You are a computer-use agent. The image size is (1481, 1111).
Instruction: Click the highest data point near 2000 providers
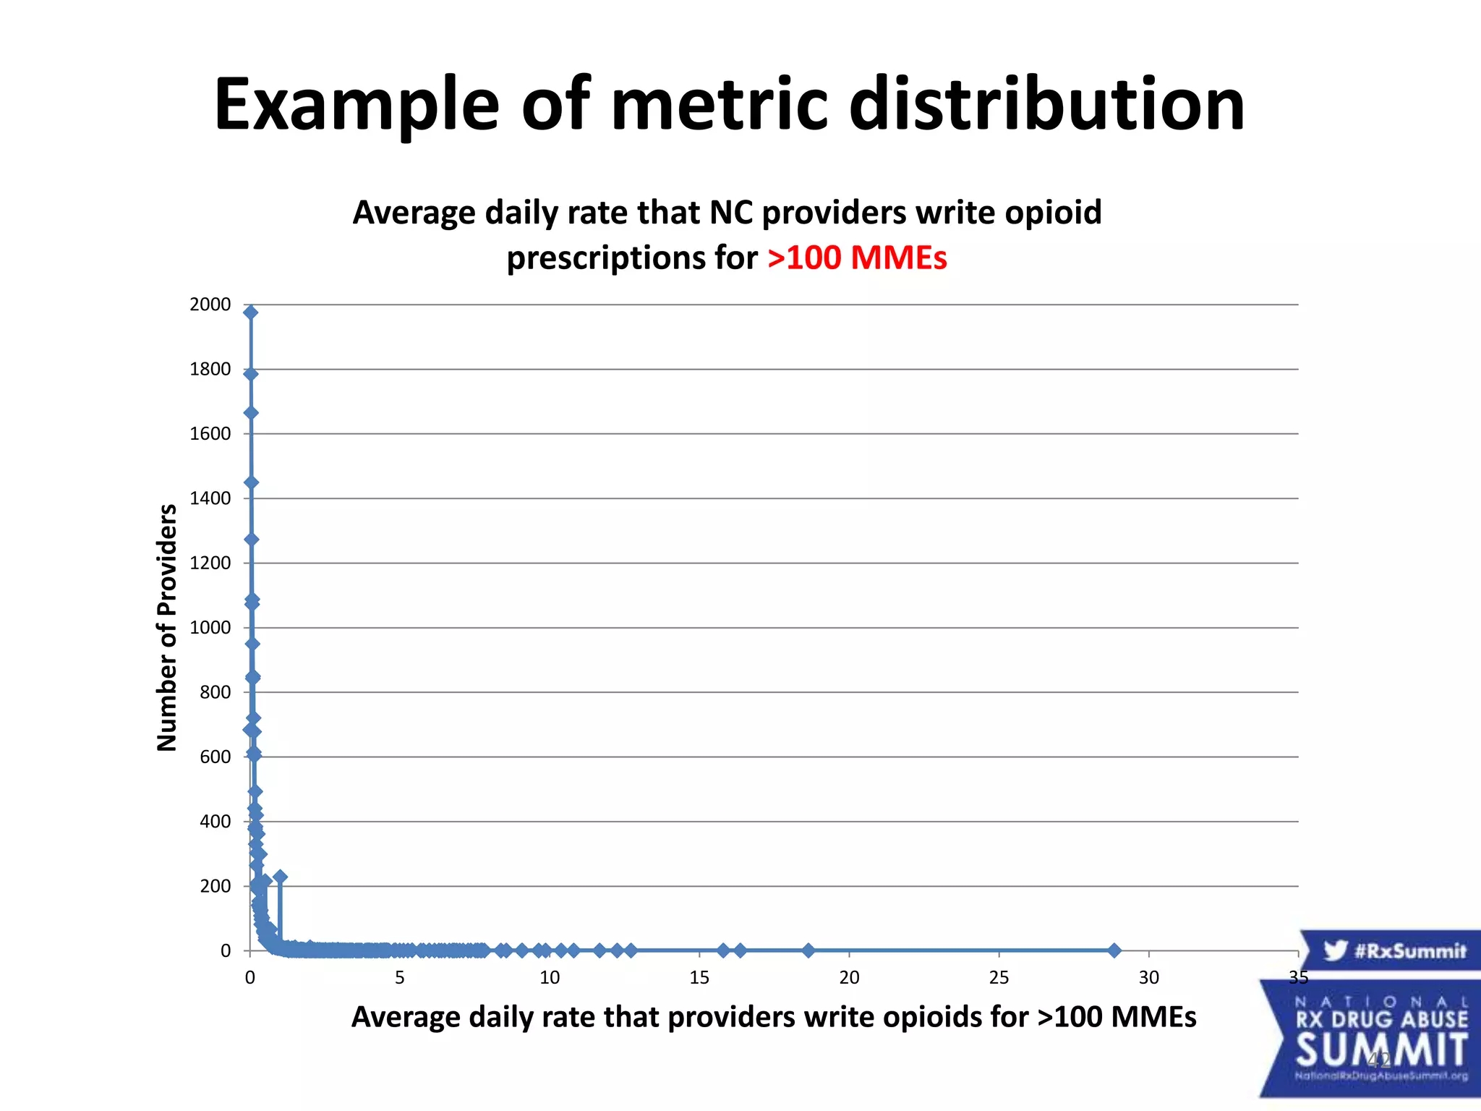(x=251, y=312)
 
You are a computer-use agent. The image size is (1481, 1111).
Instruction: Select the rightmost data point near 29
(x=1114, y=950)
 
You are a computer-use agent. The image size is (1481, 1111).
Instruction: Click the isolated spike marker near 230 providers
(x=281, y=877)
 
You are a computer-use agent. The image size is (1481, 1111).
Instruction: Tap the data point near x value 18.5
(x=808, y=950)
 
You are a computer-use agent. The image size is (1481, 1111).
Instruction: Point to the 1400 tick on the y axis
(x=210, y=498)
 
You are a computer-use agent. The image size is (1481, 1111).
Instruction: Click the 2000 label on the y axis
(x=210, y=305)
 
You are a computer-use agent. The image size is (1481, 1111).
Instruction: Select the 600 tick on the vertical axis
(x=215, y=757)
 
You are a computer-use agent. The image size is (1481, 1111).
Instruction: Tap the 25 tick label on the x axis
(x=999, y=978)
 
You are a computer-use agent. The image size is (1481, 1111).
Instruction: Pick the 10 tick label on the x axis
(x=550, y=978)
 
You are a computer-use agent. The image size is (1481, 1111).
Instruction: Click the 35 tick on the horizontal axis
(x=1298, y=978)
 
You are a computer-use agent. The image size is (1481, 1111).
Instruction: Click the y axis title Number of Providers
(x=167, y=628)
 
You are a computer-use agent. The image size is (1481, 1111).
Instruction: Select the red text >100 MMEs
(x=857, y=258)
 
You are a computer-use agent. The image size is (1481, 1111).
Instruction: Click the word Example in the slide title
(x=357, y=105)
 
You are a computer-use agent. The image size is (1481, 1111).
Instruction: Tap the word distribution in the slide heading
(x=1046, y=105)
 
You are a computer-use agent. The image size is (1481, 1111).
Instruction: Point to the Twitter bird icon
(x=1335, y=950)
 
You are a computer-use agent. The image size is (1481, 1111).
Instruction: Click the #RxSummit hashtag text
(x=1410, y=950)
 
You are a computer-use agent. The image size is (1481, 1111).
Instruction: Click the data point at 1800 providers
(x=251, y=374)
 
